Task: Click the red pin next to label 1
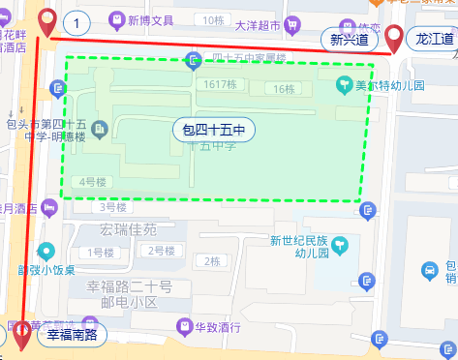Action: [x=46, y=22]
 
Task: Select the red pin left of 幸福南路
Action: [x=20, y=336]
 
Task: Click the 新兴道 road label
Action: [x=349, y=40]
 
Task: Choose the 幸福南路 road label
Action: [x=72, y=336]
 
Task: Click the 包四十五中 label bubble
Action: [x=213, y=129]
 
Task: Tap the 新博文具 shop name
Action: [x=148, y=19]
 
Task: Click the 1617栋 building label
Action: [x=221, y=85]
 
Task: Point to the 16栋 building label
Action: [x=284, y=89]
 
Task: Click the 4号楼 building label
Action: [x=92, y=181]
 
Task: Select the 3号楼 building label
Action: [x=113, y=206]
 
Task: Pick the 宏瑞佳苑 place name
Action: [x=129, y=230]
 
